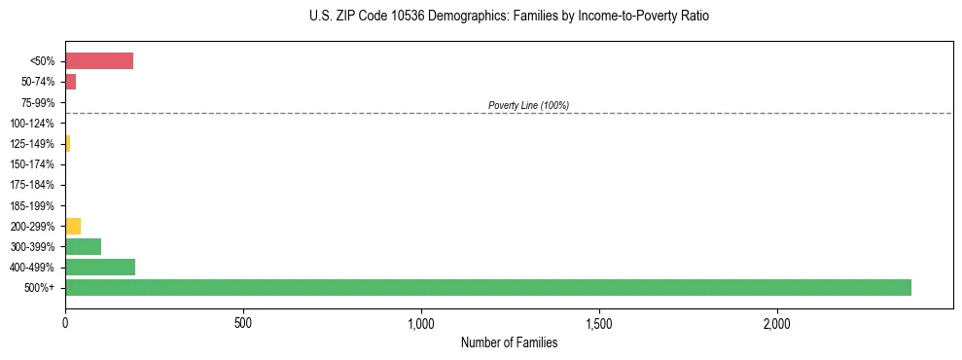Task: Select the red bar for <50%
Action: tap(99, 61)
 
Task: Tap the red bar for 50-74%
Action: tap(70, 82)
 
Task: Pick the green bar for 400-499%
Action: tap(100, 267)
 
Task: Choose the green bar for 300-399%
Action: tap(83, 246)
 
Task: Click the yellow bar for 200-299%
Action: tap(73, 226)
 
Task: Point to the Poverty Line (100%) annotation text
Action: tap(528, 105)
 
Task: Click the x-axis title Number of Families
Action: tap(509, 342)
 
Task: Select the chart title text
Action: tap(509, 17)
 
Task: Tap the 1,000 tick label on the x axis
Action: tap(421, 322)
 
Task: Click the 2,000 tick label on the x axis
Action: tap(777, 322)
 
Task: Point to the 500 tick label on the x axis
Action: tap(243, 322)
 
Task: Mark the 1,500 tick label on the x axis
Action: tap(599, 322)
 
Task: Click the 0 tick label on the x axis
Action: tap(65, 322)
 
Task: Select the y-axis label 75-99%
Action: tap(38, 103)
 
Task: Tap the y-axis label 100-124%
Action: tap(35, 124)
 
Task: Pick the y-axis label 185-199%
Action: tap(35, 205)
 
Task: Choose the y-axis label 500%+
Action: tap(41, 288)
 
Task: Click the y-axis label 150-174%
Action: tap(35, 164)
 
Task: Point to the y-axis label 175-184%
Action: tap(35, 185)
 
